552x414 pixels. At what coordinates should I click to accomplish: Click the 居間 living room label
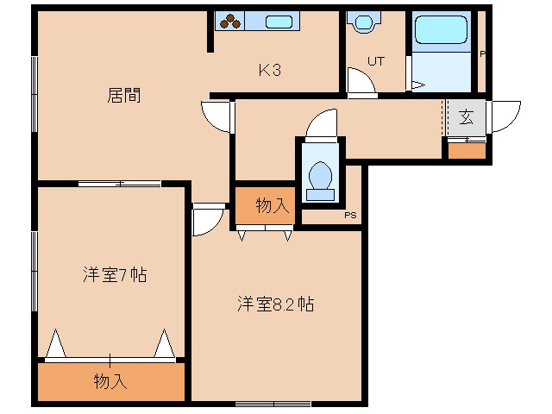pos(124,95)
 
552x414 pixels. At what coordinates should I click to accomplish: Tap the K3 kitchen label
pos(270,70)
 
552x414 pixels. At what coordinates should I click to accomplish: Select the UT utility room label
pos(376,61)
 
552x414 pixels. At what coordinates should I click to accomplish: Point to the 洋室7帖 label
pos(115,274)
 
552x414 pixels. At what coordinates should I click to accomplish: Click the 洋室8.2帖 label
pos(276,304)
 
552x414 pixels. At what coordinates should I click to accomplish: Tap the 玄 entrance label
pos(466,117)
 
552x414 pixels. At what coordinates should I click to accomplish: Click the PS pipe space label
pos(350,215)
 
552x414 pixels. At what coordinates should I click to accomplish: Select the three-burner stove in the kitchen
pos(230,21)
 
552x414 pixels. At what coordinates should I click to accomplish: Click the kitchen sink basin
pos(279,22)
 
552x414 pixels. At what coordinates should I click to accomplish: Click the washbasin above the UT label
pos(364,22)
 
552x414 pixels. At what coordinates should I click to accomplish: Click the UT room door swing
pos(361,80)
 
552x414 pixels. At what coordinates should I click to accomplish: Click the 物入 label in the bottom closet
pos(110,381)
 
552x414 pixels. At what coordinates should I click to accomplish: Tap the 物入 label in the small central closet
pos(273,205)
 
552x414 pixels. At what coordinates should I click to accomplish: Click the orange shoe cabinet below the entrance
pos(467,151)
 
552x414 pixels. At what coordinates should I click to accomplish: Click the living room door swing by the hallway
pos(216,116)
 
